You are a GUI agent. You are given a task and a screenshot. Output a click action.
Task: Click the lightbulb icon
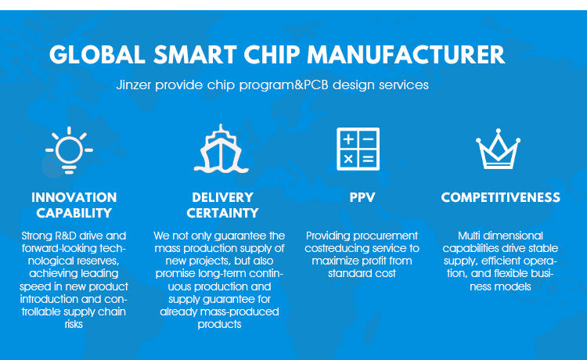69,150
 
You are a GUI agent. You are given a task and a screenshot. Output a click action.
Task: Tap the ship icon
221,149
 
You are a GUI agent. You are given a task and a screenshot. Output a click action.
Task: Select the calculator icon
358,149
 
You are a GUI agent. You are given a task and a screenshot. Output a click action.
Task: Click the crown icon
498,149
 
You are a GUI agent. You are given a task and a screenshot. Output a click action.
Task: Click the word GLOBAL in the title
97,55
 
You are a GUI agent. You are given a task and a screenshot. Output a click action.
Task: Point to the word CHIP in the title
272,55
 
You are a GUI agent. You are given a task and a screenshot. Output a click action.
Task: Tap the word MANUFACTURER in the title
406,55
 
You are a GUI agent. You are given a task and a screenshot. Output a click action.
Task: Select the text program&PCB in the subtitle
284,85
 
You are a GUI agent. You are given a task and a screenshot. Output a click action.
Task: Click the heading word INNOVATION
74,197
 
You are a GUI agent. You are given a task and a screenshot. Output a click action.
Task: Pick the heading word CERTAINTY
222,213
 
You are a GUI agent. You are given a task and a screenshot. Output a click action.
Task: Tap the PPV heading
362,197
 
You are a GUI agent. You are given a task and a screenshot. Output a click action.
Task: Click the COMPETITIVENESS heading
501,197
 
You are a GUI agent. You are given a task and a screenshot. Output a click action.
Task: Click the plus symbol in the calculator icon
348,139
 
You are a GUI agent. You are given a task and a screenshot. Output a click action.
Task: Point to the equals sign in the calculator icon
368,160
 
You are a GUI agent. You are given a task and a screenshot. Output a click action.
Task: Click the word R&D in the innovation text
66,236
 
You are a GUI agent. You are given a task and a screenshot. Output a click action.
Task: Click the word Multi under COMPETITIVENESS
469,236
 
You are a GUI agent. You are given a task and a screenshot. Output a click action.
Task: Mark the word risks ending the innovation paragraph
74,324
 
